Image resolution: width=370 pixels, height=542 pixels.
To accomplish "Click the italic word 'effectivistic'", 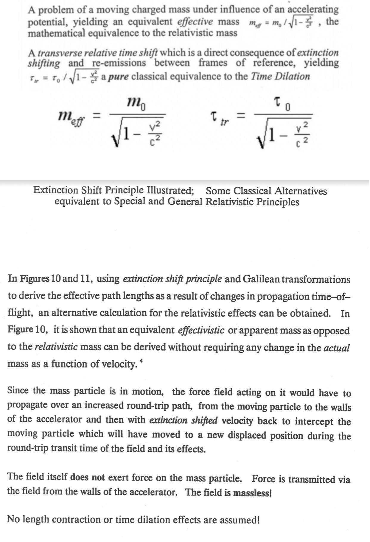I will tap(201, 330).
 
